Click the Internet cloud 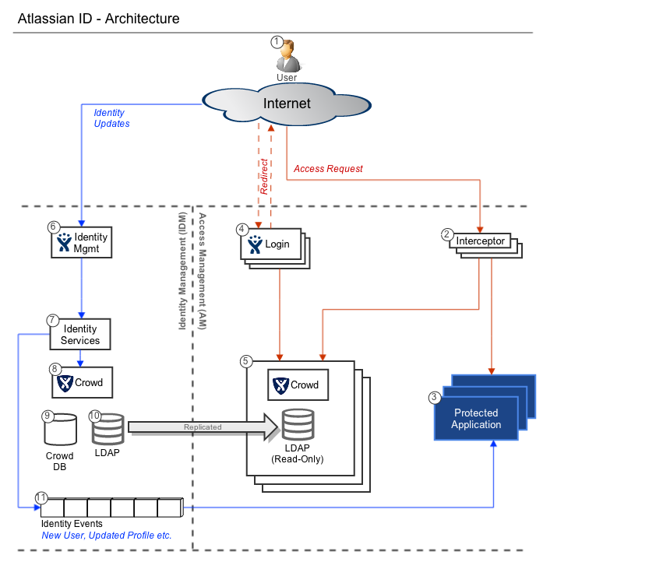(x=286, y=104)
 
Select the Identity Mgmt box (x=81, y=242)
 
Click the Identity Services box (x=80, y=334)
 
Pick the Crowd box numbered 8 (x=81, y=382)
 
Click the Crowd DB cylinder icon (x=60, y=429)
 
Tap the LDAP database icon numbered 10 (x=108, y=429)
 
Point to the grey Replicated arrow (x=203, y=427)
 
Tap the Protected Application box (x=476, y=419)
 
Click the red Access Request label (x=328, y=169)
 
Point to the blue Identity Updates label (x=111, y=118)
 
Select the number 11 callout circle (x=41, y=497)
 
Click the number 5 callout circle (x=246, y=361)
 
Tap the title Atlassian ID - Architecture (x=98, y=19)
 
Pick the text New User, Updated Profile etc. (x=106, y=536)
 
